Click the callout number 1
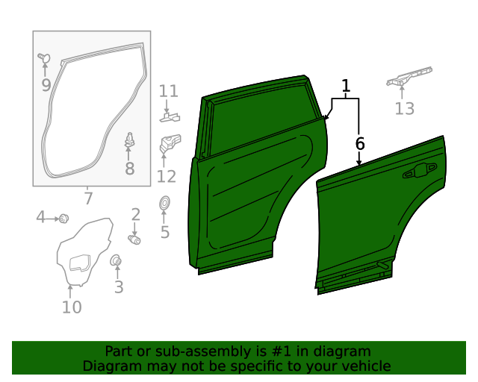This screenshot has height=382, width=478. (346, 87)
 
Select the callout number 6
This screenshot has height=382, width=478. (360, 142)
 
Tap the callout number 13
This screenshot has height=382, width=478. (404, 109)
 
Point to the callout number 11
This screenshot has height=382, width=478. (169, 91)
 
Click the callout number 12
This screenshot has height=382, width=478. (166, 176)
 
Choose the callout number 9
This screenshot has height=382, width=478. (46, 85)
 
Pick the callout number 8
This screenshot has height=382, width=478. (129, 169)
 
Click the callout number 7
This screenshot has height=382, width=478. (88, 198)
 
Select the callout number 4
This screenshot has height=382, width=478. (41, 217)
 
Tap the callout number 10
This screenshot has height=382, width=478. (72, 307)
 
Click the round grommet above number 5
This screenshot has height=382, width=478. (164, 202)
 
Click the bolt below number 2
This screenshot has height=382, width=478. (135, 239)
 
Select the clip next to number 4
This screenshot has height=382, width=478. (63, 218)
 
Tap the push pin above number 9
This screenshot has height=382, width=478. (43, 57)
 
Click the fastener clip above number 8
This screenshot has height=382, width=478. (129, 140)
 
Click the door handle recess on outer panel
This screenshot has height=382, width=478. (420, 172)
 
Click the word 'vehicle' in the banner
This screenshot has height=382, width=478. (364, 366)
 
